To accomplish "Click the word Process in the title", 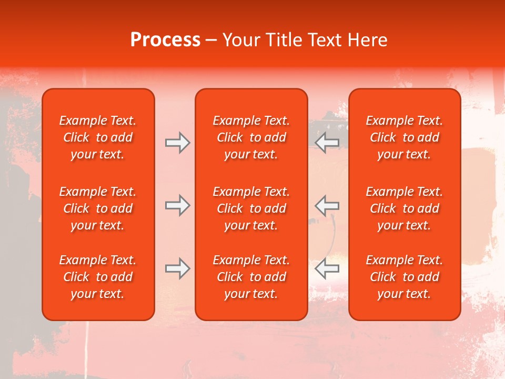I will coord(165,40).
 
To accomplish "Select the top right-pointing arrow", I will coord(177,143).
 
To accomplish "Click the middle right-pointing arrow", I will coord(177,205).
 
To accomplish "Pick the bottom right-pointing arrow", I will coord(177,268).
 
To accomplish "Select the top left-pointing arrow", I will coord(327,143).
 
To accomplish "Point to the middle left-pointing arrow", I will coord(327,205).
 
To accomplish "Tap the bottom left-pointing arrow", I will coord(327,268).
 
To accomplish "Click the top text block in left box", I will coord(98,137).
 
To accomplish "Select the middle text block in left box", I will coord(98,208).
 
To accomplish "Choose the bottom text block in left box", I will coord(98,277).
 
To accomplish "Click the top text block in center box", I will coord(251,137).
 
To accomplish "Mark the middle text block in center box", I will coord(251,208).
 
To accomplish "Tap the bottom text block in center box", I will coord(251,277).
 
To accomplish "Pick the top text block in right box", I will coord(404,137).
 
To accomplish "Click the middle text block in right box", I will coord(404,208).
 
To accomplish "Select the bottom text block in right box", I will coord(404,277).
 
